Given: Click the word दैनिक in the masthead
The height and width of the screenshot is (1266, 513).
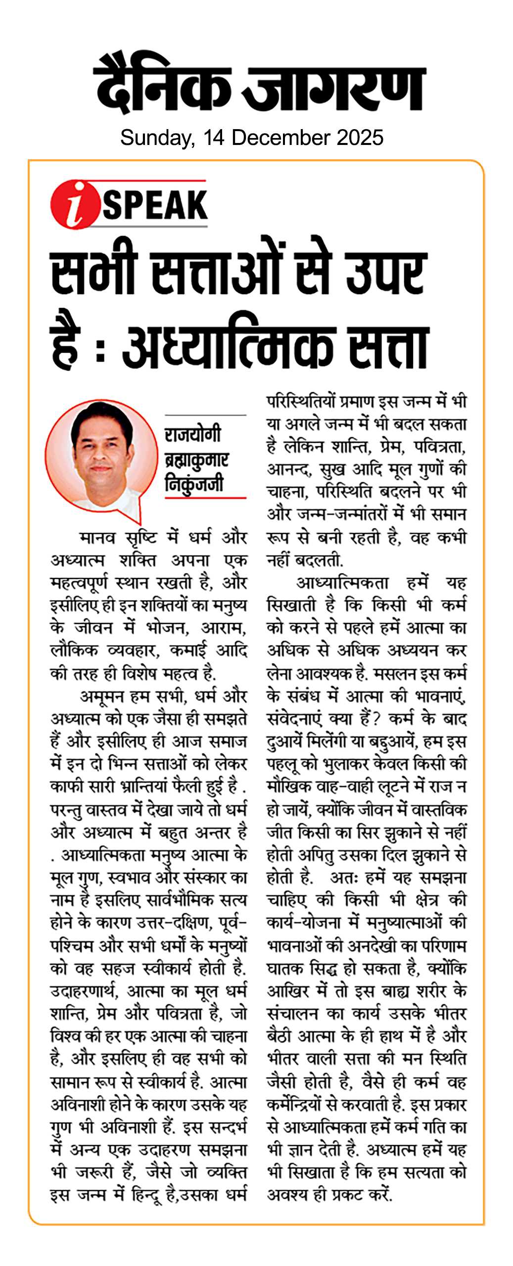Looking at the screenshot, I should point(163,85).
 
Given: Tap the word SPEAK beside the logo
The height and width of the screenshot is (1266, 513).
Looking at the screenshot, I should point(154,205).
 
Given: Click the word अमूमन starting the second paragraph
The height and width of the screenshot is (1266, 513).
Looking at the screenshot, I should point(102,697).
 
